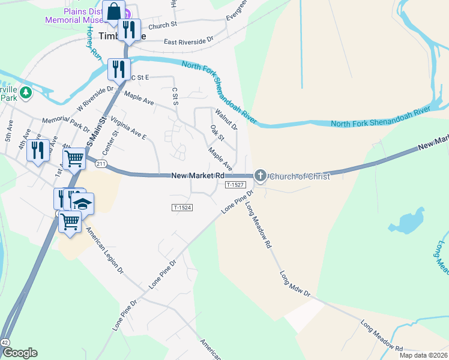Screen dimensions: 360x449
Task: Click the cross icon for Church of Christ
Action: tap(260, 176)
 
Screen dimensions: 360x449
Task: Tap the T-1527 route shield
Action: tap(235, 185)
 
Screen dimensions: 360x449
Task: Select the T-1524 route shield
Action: tap(181, 208)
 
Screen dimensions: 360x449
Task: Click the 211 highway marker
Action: tap(100, 164)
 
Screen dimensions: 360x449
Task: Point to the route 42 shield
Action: tap(5, 341)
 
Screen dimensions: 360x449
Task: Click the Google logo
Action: tap(20, 353)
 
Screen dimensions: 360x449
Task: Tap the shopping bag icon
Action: tap(113, 13)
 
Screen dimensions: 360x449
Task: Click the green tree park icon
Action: tap(25, 92)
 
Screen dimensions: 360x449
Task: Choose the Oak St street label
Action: tap(217, 133)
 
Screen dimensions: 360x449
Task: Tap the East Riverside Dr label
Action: tap(188, 41)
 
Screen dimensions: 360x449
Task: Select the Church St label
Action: tap(163, 25)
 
